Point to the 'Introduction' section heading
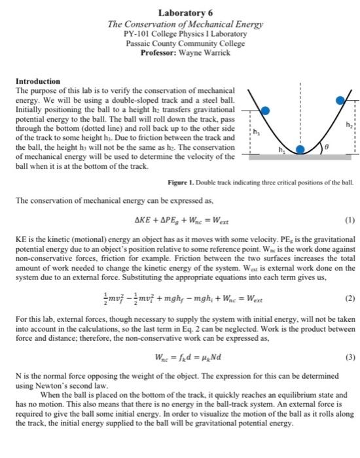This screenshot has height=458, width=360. click(37, 80)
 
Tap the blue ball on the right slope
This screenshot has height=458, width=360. click(340, 100)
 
